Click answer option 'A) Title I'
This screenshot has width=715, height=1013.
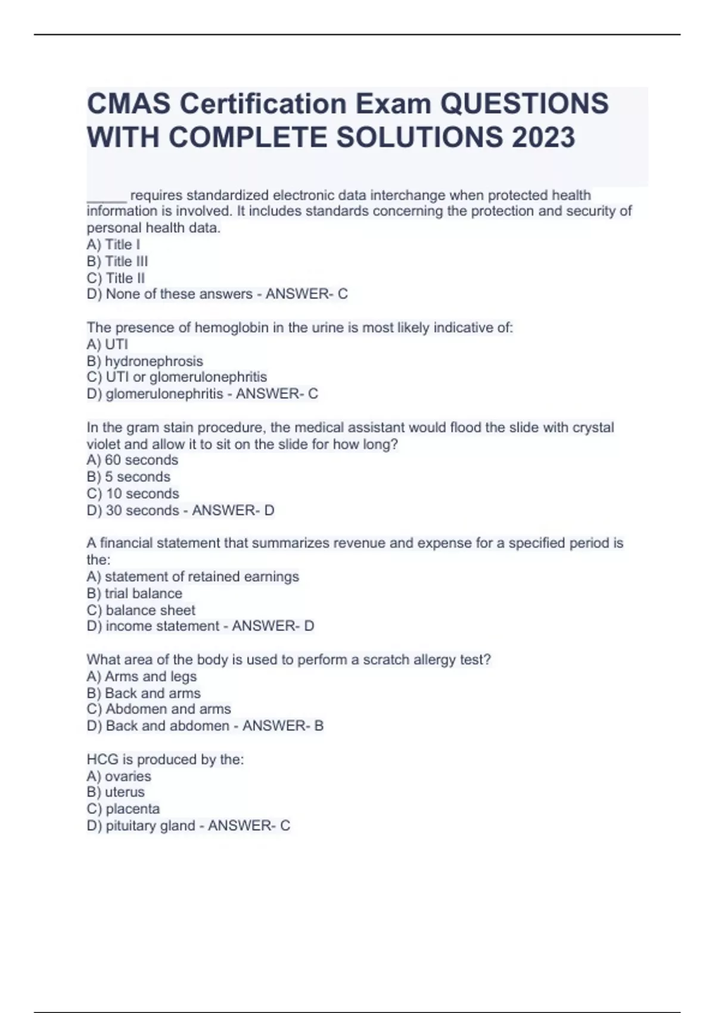(x=113, y=244)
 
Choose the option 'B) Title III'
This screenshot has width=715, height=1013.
(x=117, y=261)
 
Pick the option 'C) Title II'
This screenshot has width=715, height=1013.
(x=116, y=278)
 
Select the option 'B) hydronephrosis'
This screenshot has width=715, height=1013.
(x=145, y=361)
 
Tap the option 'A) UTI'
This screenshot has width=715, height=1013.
(x=107, y=344)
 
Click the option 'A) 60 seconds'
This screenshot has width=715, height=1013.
(x=132, y=460)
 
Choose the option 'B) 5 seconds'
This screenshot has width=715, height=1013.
(x=129, y=477)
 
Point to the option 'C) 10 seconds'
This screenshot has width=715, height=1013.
(x=132, y=493)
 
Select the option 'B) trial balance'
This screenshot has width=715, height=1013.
(x=134, y=593)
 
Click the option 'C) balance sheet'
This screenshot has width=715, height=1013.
(x=141, y=610)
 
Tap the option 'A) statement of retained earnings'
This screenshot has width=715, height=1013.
(x=192, y=577)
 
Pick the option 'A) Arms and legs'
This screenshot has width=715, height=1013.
(x=141, y=676)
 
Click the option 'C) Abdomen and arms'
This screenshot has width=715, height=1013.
(x=158, y=709)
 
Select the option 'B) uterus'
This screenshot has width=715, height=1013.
(x=116, y=792)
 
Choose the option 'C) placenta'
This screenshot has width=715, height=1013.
(x=123, y=809)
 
